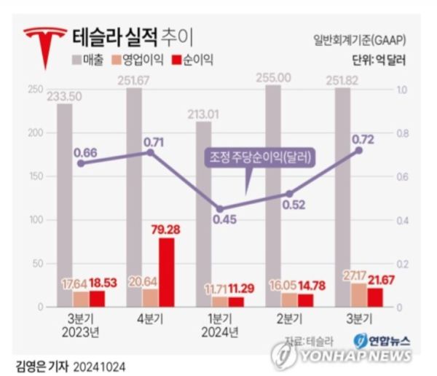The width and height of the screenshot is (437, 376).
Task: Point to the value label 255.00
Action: pos(274,77)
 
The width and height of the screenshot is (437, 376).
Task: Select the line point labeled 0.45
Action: pos(220,208)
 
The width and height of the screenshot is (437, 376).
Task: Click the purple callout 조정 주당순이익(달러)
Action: pos(260,157)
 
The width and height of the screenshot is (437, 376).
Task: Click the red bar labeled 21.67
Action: pos(375,297)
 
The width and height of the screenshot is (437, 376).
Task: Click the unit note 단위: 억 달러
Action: pos(378,59)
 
